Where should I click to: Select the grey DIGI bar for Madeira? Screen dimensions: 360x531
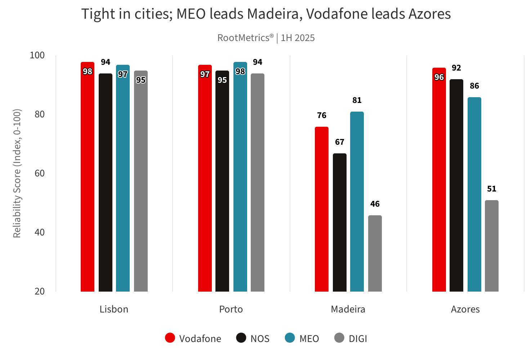(375, 253)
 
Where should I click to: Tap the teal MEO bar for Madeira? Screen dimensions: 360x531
(357, 202)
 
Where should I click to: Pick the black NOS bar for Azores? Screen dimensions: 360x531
(456, 185)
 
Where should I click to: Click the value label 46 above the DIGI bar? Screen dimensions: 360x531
(375, 204)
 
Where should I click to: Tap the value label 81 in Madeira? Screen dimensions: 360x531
(357, 100)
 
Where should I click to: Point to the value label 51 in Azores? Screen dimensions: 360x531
(492, 189)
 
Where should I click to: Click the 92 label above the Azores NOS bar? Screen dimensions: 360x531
(456, 68)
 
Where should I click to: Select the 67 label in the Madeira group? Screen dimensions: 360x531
(340, 142)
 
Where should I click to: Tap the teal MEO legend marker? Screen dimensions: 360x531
(290, 338)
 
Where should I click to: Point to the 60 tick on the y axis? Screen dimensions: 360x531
(40, 174)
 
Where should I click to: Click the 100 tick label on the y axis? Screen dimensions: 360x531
(37, 55)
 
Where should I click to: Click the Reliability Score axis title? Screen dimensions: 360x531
(17, 174)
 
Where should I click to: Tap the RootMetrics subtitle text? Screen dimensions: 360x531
(266, 38)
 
